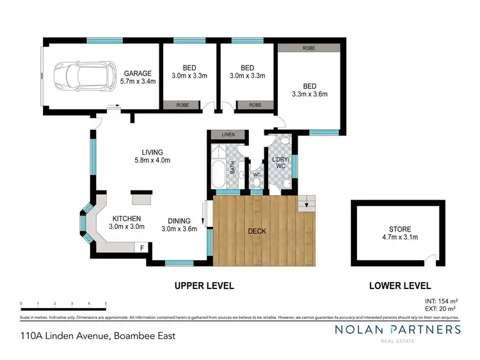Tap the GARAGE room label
click(x=138, y=73)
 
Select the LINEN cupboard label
click(x=228, y=135)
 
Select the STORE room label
click(x=400, y=229)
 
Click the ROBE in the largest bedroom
click(x=309, y=48)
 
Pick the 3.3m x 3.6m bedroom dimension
click(x=309, y=94)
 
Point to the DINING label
click(x=179, y=221)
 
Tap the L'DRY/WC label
click(x=281, y=162)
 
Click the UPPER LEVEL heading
click(x=204, y=286)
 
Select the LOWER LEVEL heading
click(x=400, y=286)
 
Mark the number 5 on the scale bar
click(x=106, y=304)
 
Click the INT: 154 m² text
click(x=440, y=301)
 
